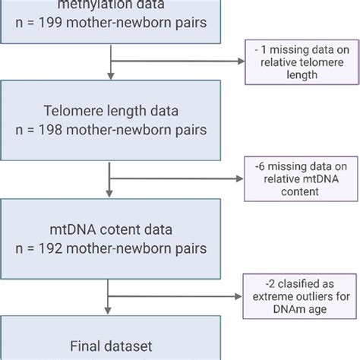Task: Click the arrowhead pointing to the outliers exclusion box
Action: tap(241, 298)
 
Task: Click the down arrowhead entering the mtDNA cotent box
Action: tap(112, 195)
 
